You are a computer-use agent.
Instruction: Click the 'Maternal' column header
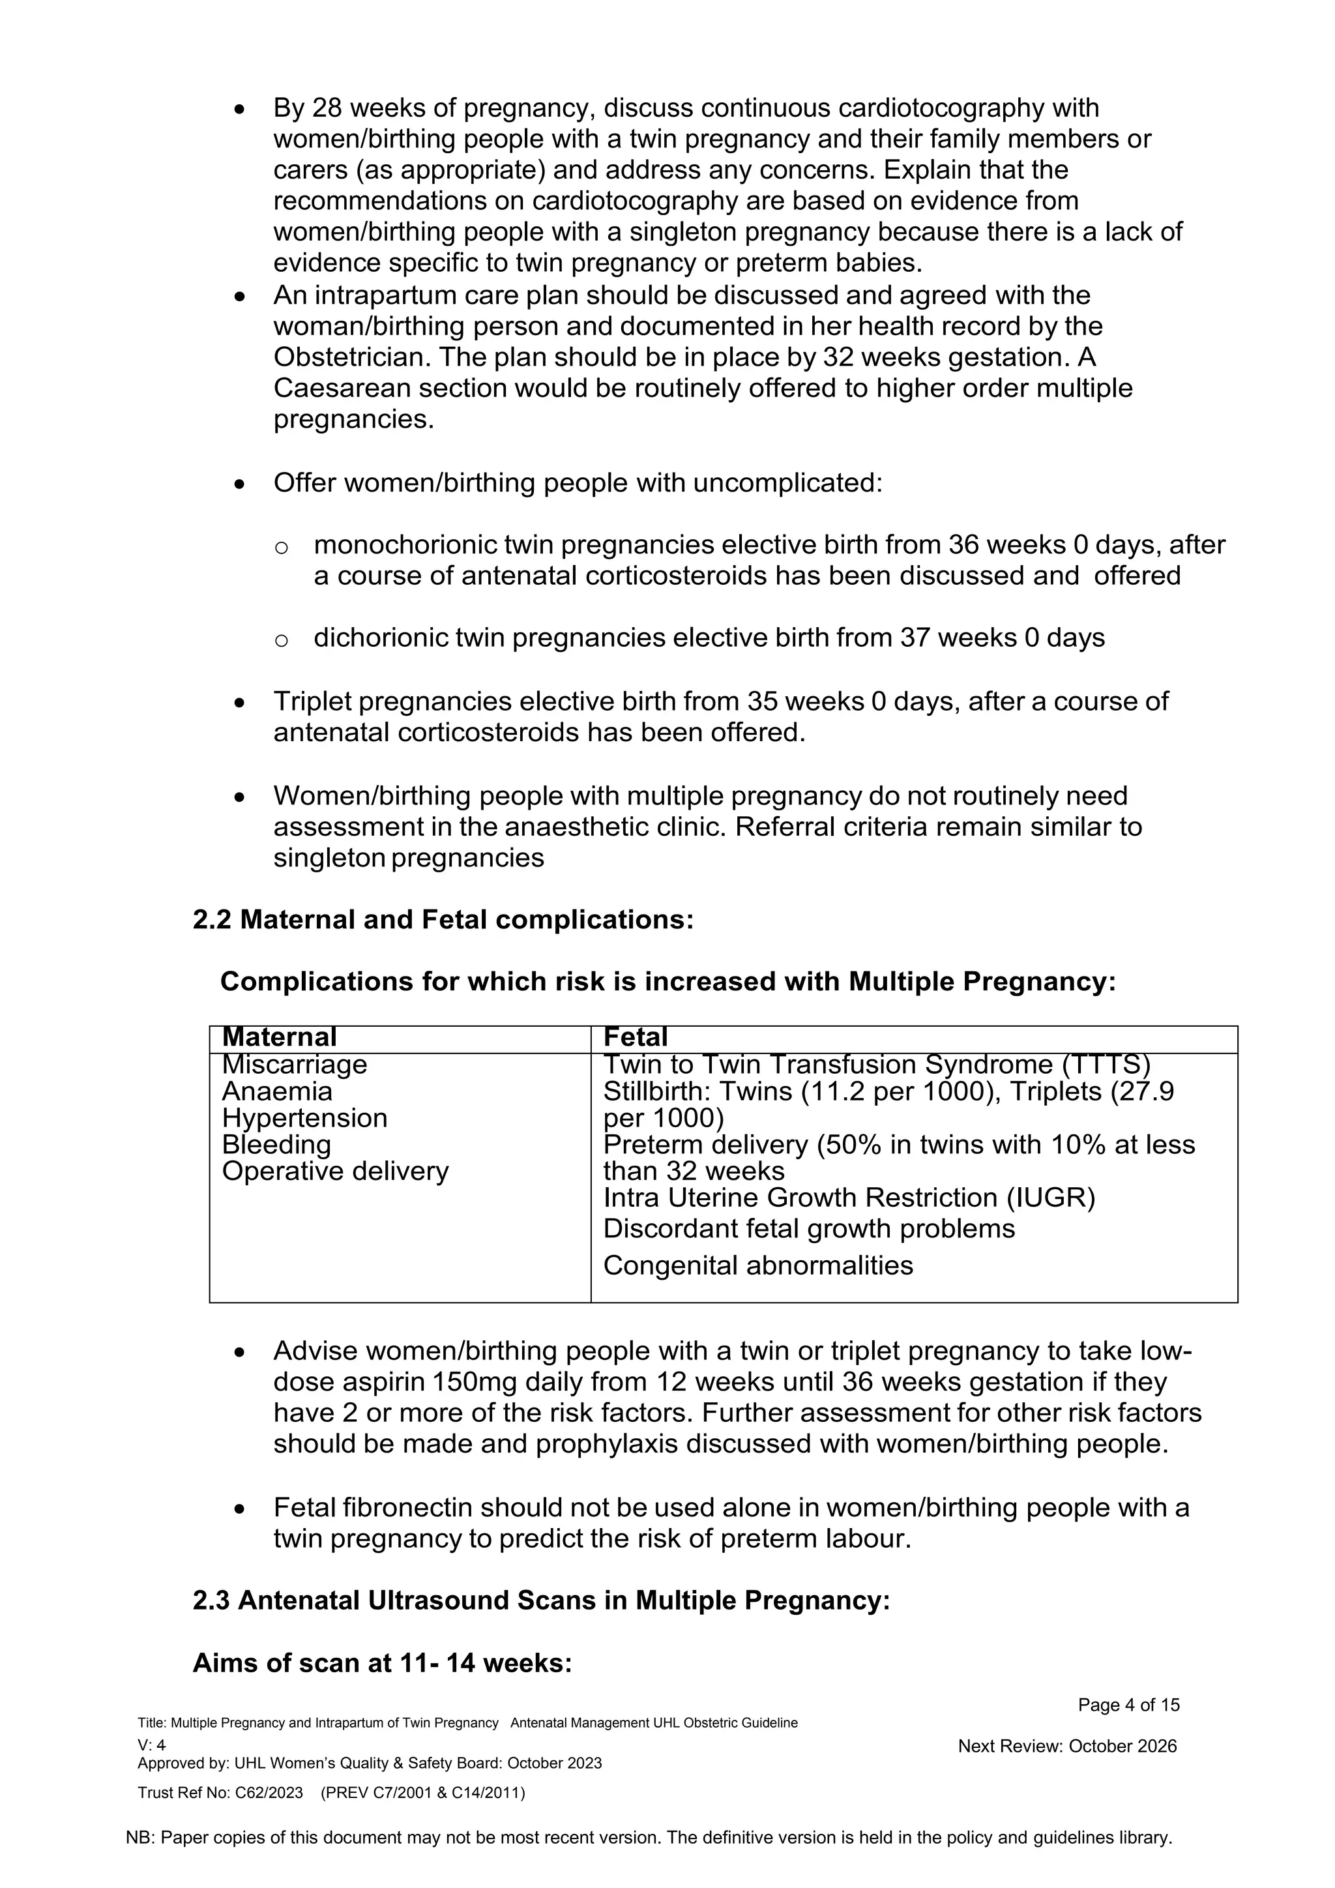(280, 1037)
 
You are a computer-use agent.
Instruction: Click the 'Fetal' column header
(635, 1037)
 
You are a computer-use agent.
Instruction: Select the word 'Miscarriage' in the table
(294, 1064)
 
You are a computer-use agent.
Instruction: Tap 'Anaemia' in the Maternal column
(277, 1091)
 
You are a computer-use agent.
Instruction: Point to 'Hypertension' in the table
(304, 1117)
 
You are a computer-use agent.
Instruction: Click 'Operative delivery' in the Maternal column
(336, 1171)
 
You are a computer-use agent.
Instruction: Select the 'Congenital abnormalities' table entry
(758, 1265)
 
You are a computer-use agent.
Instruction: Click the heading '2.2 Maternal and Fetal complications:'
(443, 919)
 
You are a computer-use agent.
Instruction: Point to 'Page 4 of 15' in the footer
(1128, 1705)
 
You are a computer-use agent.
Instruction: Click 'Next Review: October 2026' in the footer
(1067, 1746)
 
